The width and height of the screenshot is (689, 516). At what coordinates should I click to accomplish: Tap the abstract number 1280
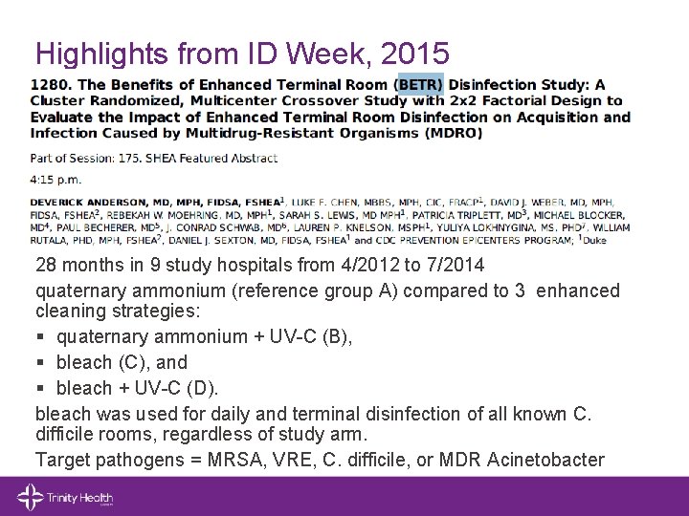pos(49,85)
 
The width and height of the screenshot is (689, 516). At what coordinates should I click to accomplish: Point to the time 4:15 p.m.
pos(56,179)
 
